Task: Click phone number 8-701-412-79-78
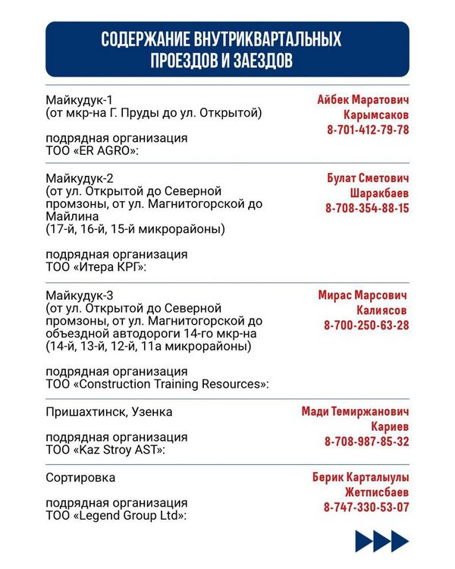(x=368, y=130)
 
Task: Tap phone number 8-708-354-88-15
(x=367, y=208)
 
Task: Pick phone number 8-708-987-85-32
(x=367, y=442)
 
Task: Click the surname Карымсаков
(x=375, y=115)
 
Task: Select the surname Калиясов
(x=382, y=310)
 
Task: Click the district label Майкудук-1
(x=79, y=100)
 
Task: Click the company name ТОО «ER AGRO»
(x=93, y=152)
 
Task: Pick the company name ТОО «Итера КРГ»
(x=96, y=268)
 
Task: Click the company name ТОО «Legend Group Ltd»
(x=117, y=516)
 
